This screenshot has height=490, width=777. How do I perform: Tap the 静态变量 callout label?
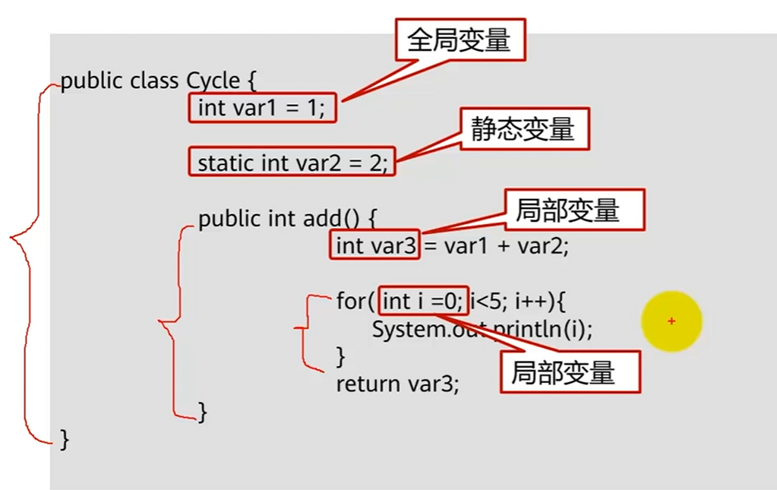point(523,130)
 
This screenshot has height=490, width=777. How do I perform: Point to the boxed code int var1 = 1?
point(261,108)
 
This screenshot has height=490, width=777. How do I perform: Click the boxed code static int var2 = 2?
point(292,163)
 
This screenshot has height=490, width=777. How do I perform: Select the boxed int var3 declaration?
point(375,246)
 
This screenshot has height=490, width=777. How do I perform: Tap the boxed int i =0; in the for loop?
point(422,302)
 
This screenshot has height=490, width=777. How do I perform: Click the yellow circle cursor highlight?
point(671,321)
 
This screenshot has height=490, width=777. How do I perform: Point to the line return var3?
point(398,384)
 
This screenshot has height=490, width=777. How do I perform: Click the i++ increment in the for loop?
point(530,302)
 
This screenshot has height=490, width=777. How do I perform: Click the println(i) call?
point(542,329)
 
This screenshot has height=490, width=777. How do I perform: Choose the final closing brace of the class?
point(65,440)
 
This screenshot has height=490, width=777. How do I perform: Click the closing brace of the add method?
point(203,412)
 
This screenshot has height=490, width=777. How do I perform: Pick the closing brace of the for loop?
point(340,355)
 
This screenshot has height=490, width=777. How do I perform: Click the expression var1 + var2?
point(506,246)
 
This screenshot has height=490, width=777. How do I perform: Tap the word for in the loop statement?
point(351,302)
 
